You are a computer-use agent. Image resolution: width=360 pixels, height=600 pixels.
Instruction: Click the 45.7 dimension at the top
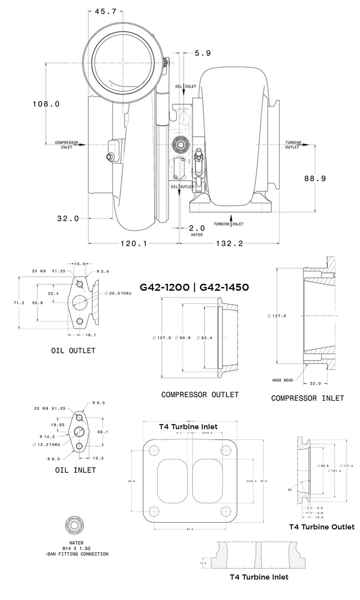coord(105,11)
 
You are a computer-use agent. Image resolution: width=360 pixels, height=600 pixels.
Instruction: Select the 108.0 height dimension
coord(46,104)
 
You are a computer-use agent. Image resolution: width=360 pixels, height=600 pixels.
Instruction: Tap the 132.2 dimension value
coord(229,243)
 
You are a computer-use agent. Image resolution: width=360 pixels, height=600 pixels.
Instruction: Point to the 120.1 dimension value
coord(134,243)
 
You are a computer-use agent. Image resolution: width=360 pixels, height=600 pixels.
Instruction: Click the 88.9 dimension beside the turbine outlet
coord(315,178)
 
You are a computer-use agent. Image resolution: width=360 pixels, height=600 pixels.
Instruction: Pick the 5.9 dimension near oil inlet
coord(203,53)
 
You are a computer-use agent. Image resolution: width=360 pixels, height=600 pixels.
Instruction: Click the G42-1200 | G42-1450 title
coord(194,287)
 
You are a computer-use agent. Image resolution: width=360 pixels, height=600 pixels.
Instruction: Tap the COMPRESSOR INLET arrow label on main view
coord(67,145)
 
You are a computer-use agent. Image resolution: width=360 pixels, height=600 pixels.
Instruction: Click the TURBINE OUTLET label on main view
coord(293,145)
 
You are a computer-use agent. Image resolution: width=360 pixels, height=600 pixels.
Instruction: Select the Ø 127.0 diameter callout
coord(277,316)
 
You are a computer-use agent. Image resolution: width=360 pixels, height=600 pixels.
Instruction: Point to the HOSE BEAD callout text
coord(282,380)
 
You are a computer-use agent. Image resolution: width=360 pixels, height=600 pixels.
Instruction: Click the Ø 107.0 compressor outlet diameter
coord(162,338)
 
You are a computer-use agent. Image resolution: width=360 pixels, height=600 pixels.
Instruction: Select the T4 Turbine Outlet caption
coord(322,527)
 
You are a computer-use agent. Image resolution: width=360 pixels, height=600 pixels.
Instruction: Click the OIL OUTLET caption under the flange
coord(73,350)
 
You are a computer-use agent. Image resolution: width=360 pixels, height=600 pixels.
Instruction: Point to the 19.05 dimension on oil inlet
coord(58,425)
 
